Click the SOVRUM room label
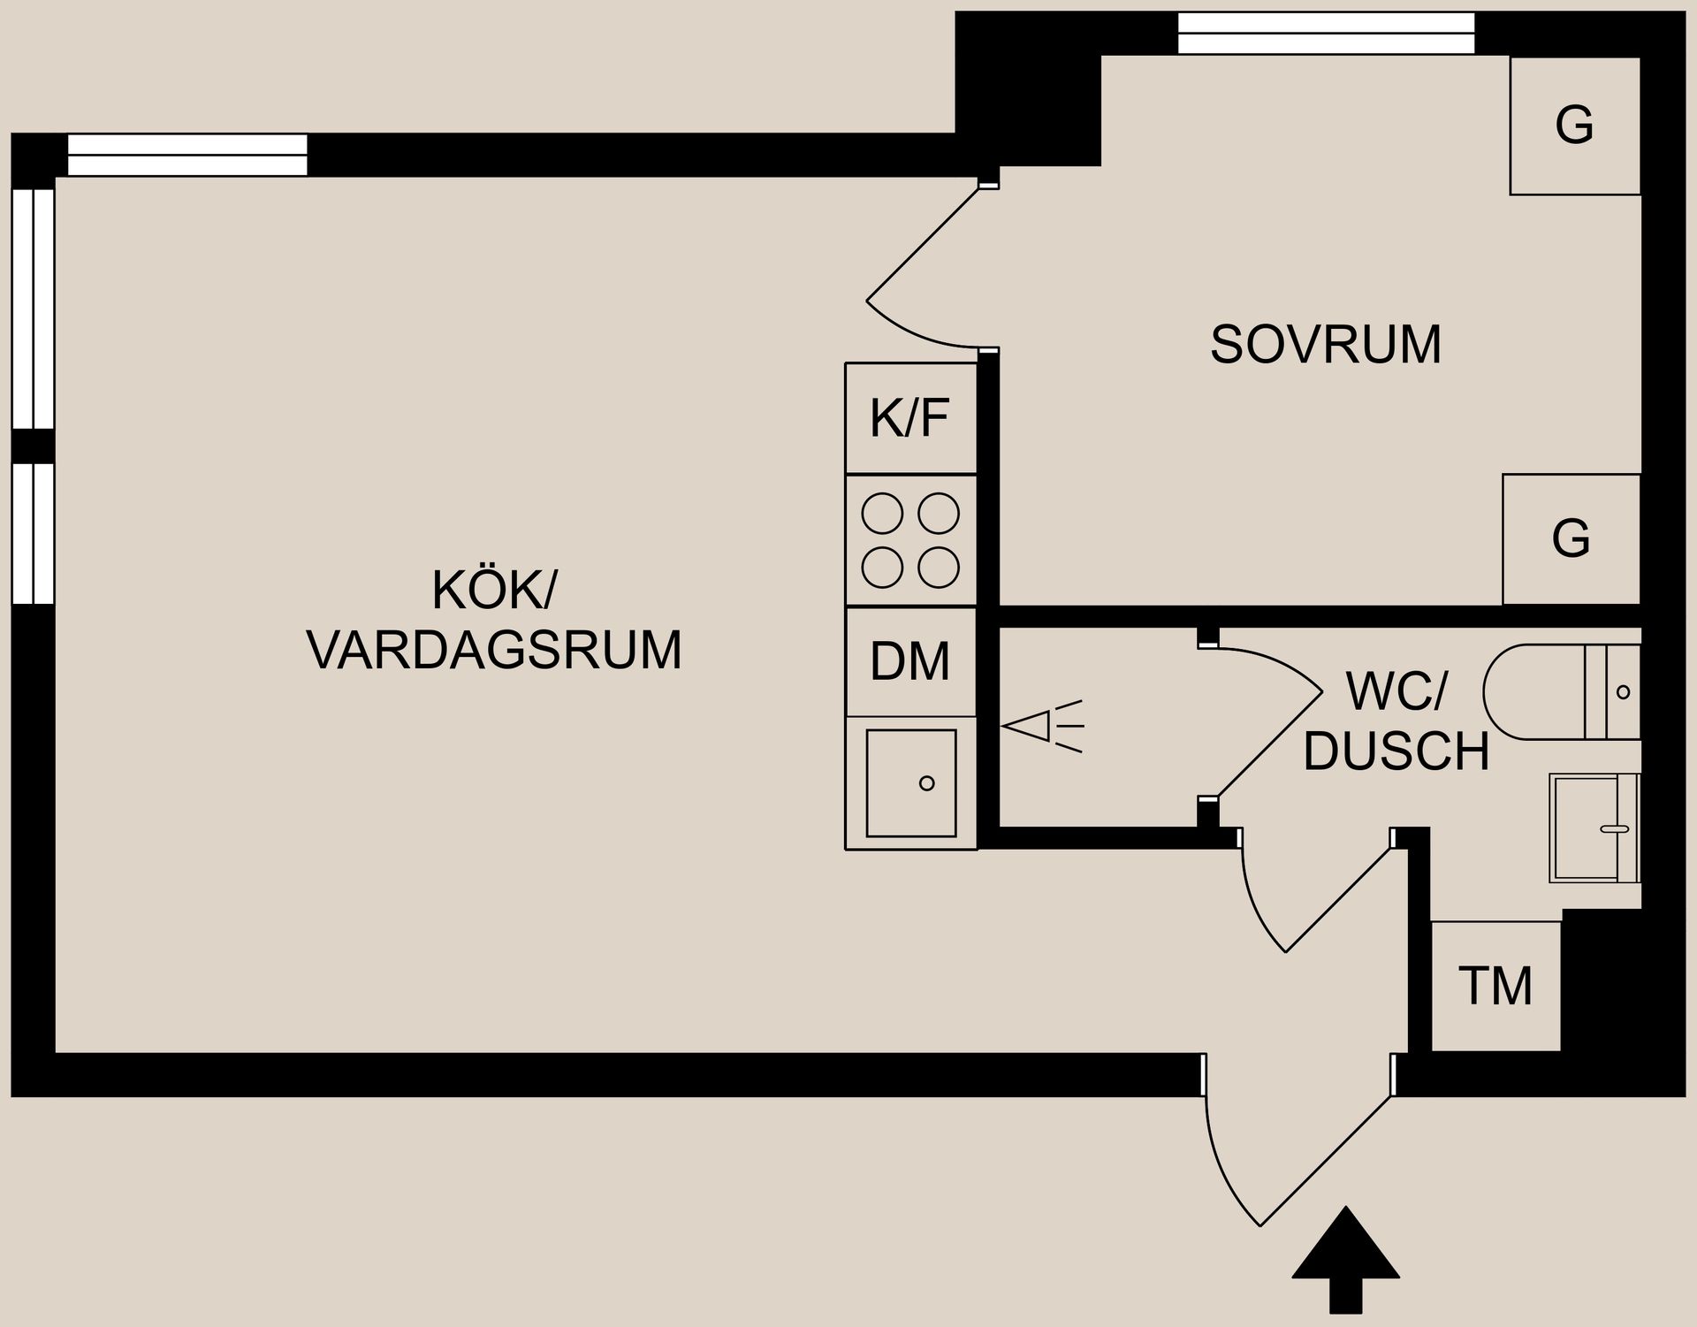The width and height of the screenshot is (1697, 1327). point(1325,345)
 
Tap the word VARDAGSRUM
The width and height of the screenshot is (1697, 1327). point(494,651)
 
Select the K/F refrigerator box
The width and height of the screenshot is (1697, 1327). point(910,418)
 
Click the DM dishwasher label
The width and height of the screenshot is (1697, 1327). point(910,661)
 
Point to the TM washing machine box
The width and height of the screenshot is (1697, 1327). point(1495,986)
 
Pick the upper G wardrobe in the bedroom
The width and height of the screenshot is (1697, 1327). point(1574,126)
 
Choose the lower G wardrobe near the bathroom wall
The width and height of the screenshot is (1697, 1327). point(1571,538)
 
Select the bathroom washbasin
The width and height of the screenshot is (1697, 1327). point(1591,828)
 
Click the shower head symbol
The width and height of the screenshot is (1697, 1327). point(1039,727)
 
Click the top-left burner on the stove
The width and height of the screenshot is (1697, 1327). point(882,514)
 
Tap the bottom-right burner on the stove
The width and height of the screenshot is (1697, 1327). point(939,568)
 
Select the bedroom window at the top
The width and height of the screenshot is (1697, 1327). point(1326,33)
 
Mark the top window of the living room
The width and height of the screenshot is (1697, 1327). point(187,155)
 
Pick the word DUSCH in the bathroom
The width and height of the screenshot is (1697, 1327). point(1396,752)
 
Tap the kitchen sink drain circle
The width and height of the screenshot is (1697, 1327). point(926,783)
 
